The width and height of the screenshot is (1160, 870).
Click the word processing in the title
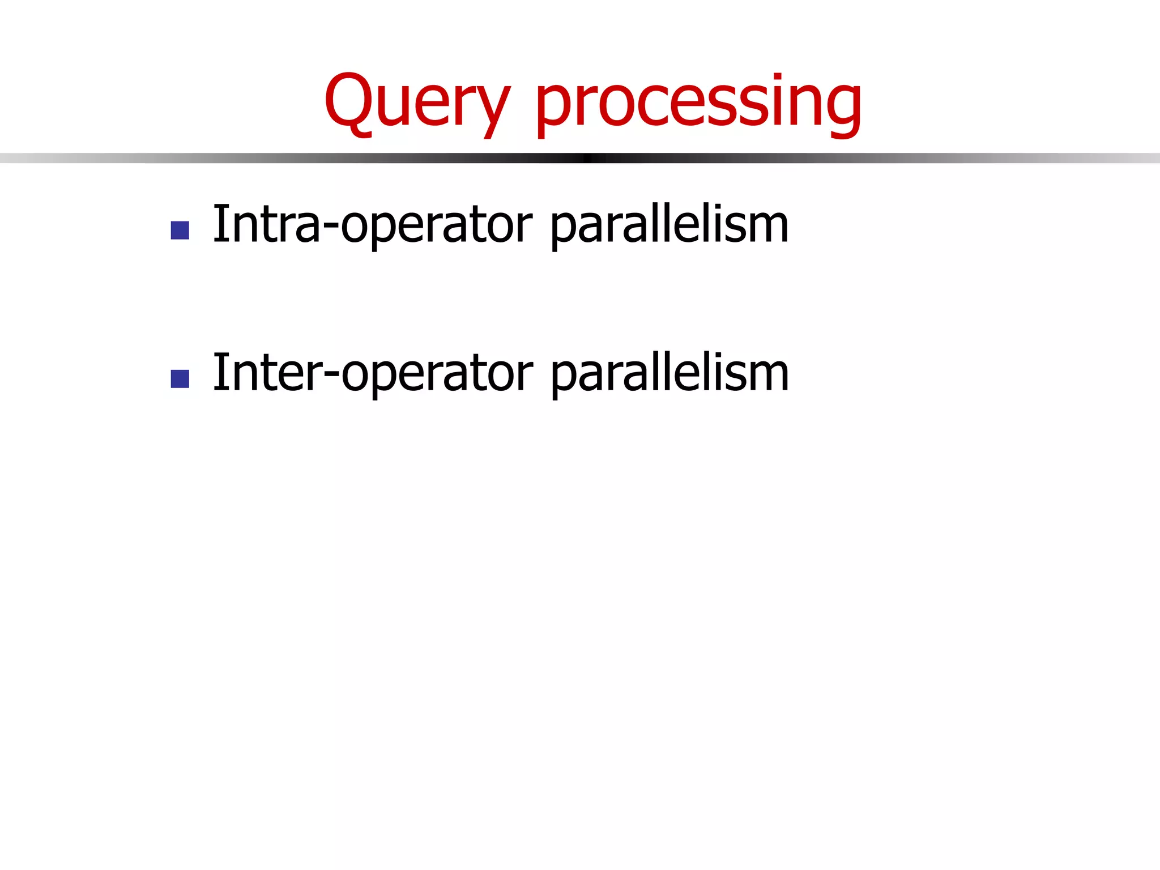click(x=698, y=105)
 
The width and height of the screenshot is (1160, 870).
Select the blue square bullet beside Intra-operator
click(x=180, y=230)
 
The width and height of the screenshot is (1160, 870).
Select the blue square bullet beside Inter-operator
click(x=180, y=379)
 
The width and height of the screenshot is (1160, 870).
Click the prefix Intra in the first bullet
click(x=266, y=225)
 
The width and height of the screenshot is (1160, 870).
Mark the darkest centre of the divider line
click(x=587, y=158)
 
